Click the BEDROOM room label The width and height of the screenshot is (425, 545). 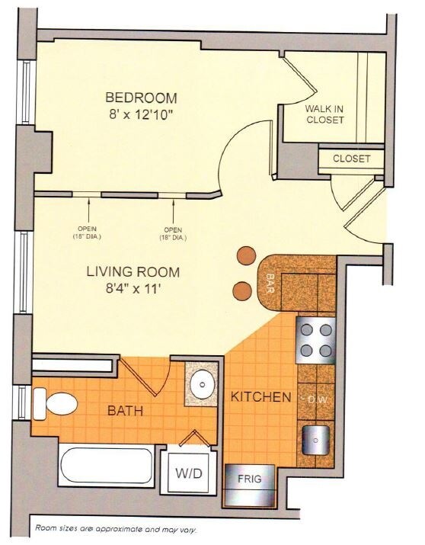coord(141,98)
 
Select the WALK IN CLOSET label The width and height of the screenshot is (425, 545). coord(324,114)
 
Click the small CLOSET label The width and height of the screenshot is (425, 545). coord(351,159)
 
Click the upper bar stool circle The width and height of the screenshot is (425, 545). coord(245,257)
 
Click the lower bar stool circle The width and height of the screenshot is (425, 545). coord(241,290)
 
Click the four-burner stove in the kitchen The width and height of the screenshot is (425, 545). coord(315,340)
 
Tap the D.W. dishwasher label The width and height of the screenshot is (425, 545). coord(315,399)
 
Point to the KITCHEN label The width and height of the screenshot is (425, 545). coord(261,397)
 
